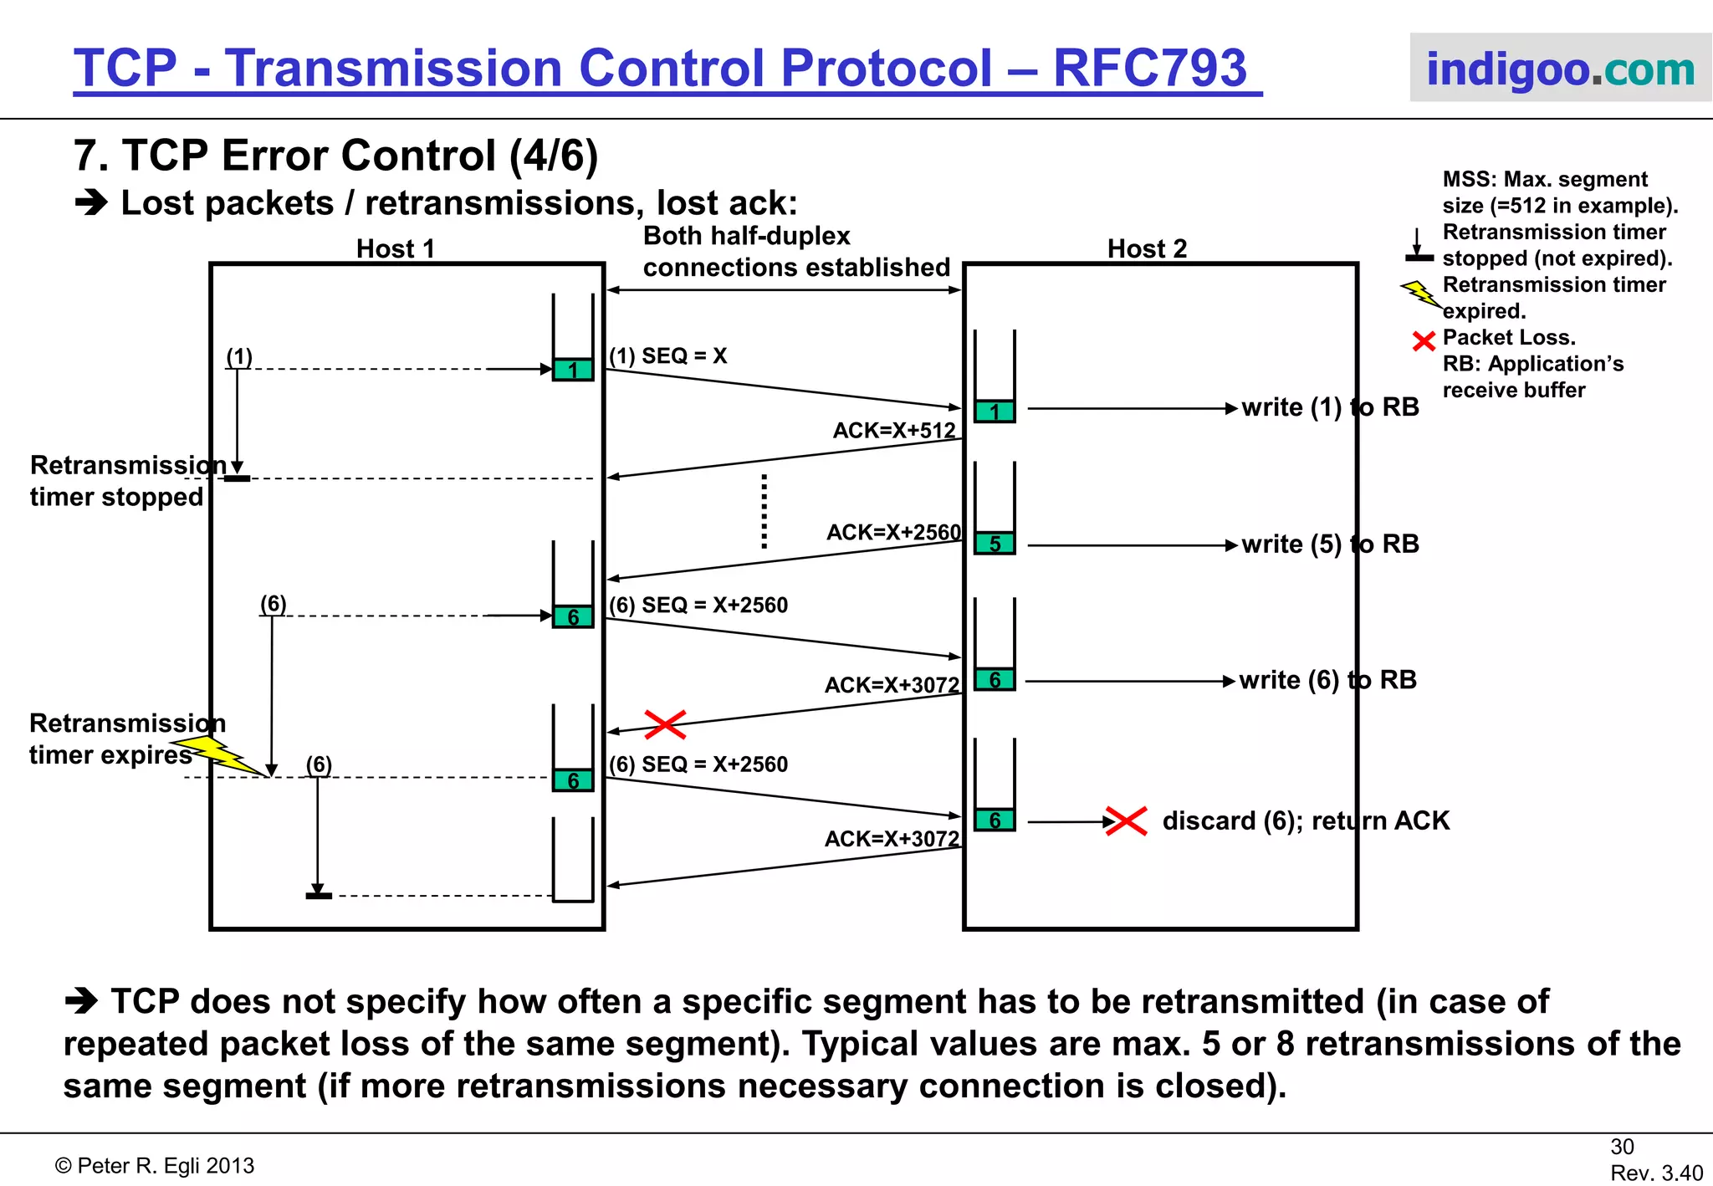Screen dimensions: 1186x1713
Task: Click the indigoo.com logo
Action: point(1560,69)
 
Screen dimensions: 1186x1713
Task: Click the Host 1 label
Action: point(395,248)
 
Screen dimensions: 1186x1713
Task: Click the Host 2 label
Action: point(1147,248)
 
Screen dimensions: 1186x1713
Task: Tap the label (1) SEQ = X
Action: point(667,356)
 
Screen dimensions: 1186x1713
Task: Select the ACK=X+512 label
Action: point(893,431)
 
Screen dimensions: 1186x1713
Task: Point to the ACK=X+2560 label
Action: point(893,533)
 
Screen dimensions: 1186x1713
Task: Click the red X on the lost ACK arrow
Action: point(665,724)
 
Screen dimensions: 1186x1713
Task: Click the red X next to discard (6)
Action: point(1126,820)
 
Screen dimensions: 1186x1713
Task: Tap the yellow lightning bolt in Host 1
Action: point(219,753)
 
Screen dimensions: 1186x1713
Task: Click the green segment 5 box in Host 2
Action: point(995,544)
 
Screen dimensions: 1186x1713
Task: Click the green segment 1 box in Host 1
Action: point(573,370)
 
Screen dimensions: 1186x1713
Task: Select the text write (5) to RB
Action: point(1330,544)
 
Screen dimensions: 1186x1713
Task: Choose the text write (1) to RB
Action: point(1330,407)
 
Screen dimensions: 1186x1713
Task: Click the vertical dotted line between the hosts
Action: point(764,511)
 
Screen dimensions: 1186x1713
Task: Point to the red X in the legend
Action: point(1423,341)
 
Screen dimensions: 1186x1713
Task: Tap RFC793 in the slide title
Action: point(1149,68)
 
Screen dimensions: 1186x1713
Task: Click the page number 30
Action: point(1622,1147)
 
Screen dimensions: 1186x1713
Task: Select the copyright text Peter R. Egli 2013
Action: point(155,1166)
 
